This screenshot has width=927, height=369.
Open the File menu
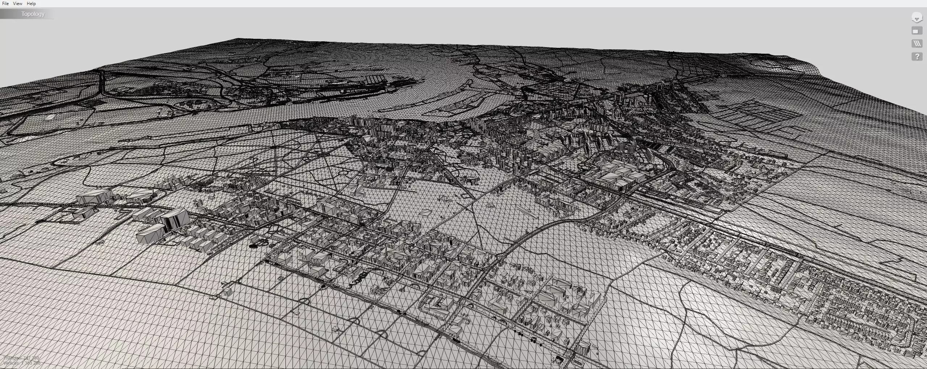coord(5,4)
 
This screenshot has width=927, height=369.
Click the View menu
coord(17,4)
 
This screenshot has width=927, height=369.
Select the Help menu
coord(31,4)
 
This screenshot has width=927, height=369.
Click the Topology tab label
coord(33,14)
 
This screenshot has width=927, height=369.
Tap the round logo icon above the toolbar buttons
coord(916,18)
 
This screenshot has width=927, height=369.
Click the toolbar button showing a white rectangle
coord(916,32)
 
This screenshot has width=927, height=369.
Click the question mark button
coord(916,57)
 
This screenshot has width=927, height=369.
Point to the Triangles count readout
coord(21,358)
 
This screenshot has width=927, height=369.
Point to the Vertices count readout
coord(21,363)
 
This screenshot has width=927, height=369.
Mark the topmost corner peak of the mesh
coord(237,38)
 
